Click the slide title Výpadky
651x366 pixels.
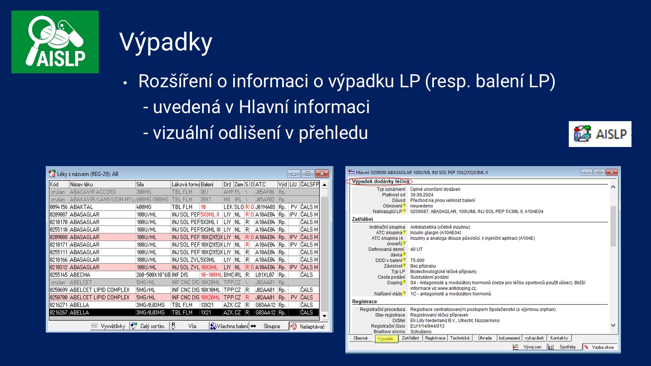pos(166,42)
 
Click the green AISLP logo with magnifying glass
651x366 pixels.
pos(55,42)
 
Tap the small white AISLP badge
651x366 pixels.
pos(600,134)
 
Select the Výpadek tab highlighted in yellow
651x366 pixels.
pos(385,338)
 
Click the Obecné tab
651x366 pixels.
pos(361,338)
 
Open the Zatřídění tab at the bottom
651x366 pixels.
pos(410,338)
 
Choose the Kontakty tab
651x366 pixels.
pos(559,338)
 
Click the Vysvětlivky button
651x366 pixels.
pos(109,326)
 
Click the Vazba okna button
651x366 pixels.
pos(599,347)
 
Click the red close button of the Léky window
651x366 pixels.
pos(322,174)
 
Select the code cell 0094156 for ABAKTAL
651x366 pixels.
pos(59,207)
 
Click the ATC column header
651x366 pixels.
pos(261,184)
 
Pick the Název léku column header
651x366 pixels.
pos(81,184)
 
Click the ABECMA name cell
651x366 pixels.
pos(80,275)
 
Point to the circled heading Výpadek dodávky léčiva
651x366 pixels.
pos(380,181)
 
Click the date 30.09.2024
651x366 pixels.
pos(421,195)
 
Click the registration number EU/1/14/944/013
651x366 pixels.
pos(427,326)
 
